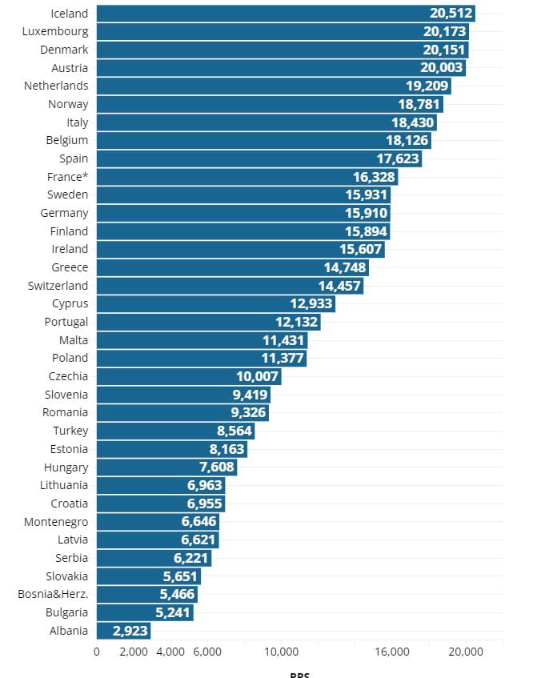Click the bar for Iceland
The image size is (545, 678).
[285, 13]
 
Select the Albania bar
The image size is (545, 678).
[123, 631]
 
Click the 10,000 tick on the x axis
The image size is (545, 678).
[281, 652]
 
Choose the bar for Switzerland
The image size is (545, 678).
[230, 286]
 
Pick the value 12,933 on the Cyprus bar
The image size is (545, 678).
[311, 304]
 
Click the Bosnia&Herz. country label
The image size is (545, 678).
[53, 595]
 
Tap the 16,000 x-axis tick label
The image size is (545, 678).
[392, 652]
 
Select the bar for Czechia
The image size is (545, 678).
[189, 376]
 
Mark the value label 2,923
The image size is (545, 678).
[129, 631]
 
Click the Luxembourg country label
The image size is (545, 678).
[56, 31]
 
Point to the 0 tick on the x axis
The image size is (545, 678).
[97, 652]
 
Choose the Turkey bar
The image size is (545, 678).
[175, 431]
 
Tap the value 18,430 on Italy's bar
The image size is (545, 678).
[413, 122]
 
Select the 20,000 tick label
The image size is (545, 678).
[466, 652]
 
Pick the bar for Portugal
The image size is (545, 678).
[208, 322]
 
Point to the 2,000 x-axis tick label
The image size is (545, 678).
[134, 652]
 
